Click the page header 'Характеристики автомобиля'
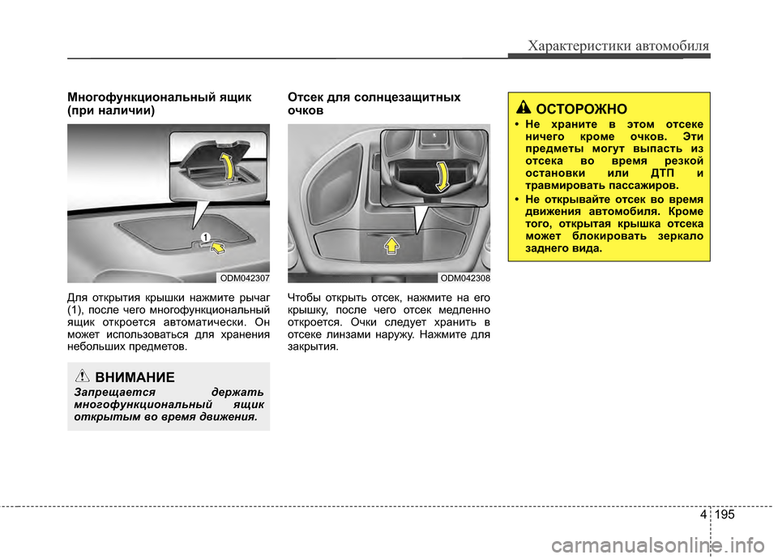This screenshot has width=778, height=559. point(618,45)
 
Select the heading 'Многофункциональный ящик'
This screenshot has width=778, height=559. point(159,97)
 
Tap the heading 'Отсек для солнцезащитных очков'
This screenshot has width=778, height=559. point(374,103)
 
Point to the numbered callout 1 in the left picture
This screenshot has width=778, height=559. point(206,236)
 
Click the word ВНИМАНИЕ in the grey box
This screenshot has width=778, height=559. point(135,377)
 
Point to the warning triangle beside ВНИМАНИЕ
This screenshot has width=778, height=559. point(83,376)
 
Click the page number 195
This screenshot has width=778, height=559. point(727,515)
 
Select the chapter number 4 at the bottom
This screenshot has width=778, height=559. point(699,515)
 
